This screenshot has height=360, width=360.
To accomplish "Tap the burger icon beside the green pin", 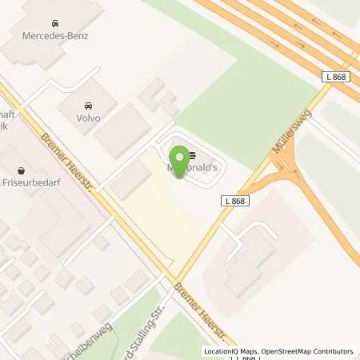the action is coord(192,157).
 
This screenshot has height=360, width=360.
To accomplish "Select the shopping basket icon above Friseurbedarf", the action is coord(20,170).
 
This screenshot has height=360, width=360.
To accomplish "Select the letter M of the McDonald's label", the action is coord(170,170).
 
